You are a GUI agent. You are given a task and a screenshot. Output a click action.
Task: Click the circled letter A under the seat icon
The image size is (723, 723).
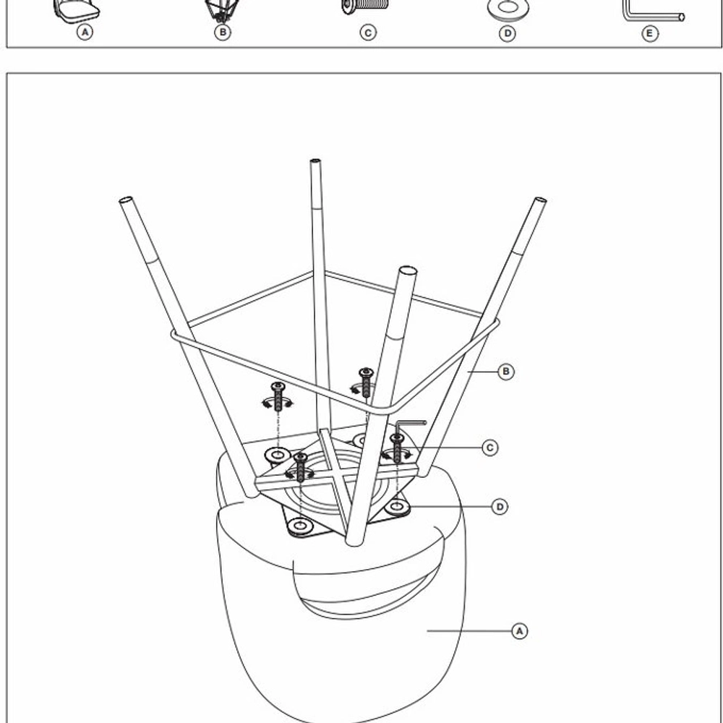pyautogui.click(x=85, y=33)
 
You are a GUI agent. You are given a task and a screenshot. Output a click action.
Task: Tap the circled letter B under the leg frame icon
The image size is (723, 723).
pyautogui.click(x=223, y=33)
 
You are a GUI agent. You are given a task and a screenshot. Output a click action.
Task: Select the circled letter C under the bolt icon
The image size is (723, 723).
pyautogui.click(x=368, y=33)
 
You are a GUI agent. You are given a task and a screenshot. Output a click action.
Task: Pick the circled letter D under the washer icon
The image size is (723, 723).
pyautogui.click(x=508, y=33)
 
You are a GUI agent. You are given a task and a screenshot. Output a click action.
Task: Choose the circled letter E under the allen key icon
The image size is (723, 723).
pyautogui.click(x=650, y=34)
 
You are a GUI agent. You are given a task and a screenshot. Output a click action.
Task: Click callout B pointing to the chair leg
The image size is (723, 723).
pyautogui.click(x=506, y=372)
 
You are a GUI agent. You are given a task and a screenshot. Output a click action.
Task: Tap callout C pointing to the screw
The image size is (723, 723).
pyautogui.click(x=490, y=448)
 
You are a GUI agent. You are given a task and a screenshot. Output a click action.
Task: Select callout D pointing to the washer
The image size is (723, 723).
pyautogui.click(x=500, y=508)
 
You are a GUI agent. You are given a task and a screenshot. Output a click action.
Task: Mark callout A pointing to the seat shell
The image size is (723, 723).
pyautogui.click(x=520, y=630)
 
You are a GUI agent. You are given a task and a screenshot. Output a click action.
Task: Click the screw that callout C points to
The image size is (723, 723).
pyautogui.click(x=397, y=448)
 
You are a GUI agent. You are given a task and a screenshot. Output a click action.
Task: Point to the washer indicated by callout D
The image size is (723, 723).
pyautogui.click(x=397, y=507)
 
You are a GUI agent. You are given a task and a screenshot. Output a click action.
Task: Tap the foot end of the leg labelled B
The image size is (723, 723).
pyautogui.click(x=540, y=200)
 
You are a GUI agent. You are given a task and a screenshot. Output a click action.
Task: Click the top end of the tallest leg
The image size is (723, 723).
pyautogui.click(x=315, y=161)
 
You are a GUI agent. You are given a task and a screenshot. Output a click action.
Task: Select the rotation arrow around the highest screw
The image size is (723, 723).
pyautogui.click(x=362, y=390)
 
